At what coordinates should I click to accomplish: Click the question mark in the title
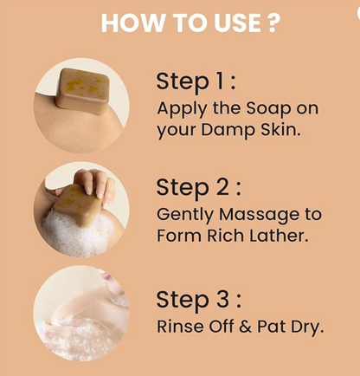[x=272, y=23]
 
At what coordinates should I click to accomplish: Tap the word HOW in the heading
[x=132, y=23]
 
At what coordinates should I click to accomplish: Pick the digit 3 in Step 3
[x=222, y=299]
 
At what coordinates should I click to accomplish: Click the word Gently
[x=186, y=216]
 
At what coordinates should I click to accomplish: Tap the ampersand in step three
[x=245, y=327]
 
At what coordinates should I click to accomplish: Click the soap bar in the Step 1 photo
[x=83, y=91]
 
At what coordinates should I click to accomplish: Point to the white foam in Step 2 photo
[x=76, y=233]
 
